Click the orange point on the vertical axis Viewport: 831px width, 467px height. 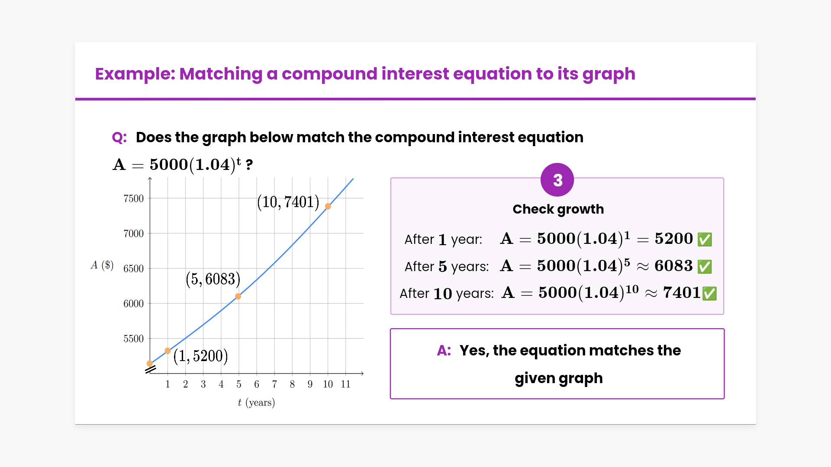tap(150, 364)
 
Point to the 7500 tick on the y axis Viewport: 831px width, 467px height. tap(133, 198)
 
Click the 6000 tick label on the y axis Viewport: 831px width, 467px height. tap(133, 304)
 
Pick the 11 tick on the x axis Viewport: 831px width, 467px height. tap(345, 384)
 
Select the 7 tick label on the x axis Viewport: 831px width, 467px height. tap(274, 384)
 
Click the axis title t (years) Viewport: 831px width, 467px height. tap(256, 403)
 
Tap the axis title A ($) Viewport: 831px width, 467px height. tap(102, 265)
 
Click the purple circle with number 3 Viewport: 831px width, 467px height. tap(557, 180)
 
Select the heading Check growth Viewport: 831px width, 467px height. tap(558, 209)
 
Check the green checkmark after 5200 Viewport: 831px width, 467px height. tap(705, 239)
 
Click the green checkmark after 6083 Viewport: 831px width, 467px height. tap(705, 266)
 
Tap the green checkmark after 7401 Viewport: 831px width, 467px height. tap(710, 293)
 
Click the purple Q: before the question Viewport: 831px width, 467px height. tap(119, 138)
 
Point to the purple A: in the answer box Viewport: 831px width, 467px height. tap(444, 350)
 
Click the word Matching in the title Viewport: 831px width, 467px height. tap(221, 74)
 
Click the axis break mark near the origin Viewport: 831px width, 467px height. tap(150, 370)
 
